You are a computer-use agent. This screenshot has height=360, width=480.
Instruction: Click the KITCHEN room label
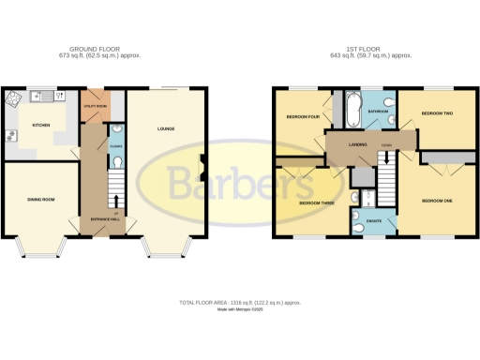click(x=41, y=125)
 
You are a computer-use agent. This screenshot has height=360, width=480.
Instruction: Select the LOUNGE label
click(x=166, y=128)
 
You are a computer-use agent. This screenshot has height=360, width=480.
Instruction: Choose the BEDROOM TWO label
click(x=437, y=113)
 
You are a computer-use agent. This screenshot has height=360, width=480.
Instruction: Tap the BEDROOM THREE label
click(x=316, y=202)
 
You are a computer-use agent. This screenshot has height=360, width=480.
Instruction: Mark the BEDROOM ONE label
click(x=437, y=201)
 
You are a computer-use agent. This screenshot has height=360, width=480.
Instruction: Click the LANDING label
click(x=357, y=143)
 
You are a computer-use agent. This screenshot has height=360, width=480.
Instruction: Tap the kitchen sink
click(x=42, y=96)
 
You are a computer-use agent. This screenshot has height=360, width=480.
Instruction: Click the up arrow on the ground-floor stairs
click(x=113, y=200)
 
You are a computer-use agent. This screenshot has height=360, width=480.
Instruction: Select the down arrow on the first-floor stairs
click(x=386, y=158)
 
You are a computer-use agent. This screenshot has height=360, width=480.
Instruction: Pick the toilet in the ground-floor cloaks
click(x=113, y=162)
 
